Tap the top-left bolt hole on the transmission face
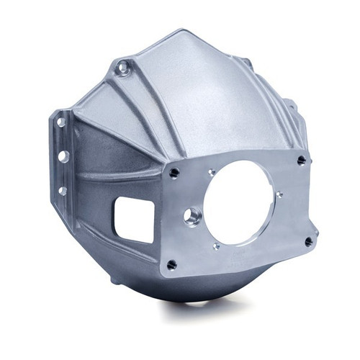pyautogui.click(x=174, y=173)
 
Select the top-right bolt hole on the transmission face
pyautogui.click(x=301, y=161)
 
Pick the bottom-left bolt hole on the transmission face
pyautogui.click(x=171, y=264)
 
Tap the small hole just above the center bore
pyautogui.click(x=212, y=172)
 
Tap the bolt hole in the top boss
pyautogui.click(x=124, y=69)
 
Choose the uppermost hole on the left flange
pyautogui.click(x=62, y=123)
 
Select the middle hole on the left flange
pyautogui.click(x=63, y=156)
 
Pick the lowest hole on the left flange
pyautogui.click(x=63, y=191)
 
